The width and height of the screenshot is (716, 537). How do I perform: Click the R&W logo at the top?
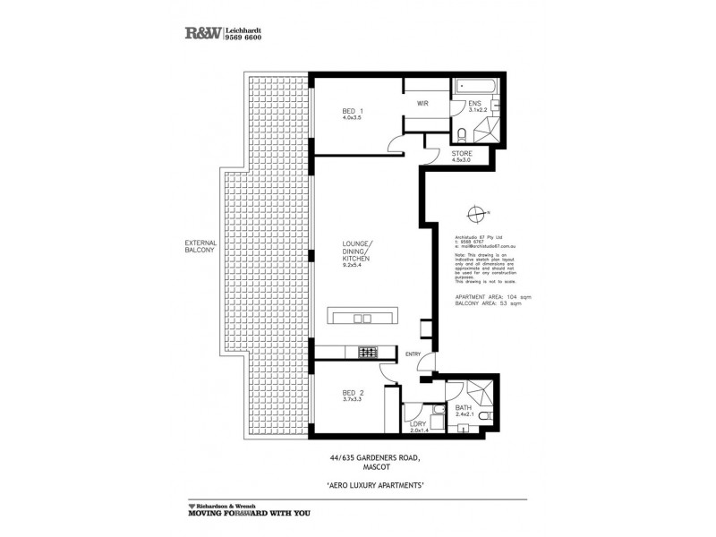click(201, 33)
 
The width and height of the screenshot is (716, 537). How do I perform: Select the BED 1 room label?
click(353, 111)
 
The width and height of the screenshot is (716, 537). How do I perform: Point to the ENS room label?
click(474, 104)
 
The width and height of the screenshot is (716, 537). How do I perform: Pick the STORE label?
click(462, 153)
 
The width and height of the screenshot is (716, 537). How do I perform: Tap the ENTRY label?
click(413, 354)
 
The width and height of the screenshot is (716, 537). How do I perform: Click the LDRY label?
click(415, 422)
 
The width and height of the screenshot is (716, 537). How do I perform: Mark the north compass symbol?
click(475, 212)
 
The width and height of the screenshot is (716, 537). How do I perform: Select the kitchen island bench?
click(367, 317)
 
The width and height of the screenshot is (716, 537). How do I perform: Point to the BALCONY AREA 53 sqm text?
click(488, 303)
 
